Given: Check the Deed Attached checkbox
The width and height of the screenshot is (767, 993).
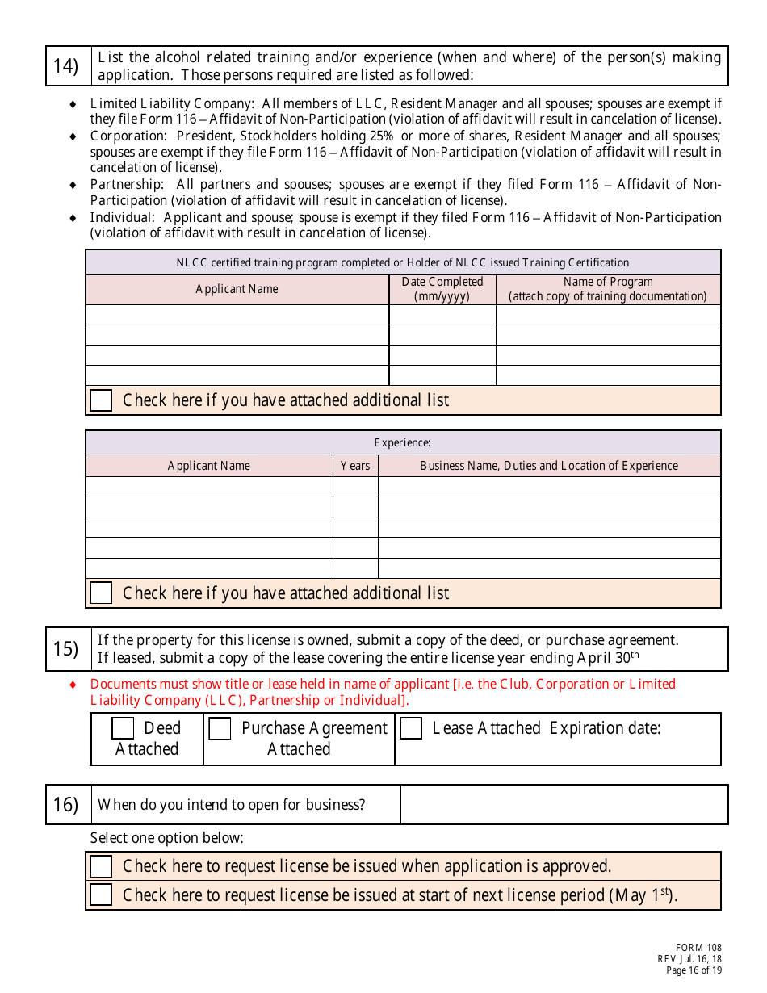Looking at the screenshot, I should pos(123,728).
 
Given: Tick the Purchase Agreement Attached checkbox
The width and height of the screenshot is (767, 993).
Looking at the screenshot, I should pos(220,728).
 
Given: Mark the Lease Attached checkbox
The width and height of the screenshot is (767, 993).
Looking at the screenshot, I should pos(411,728).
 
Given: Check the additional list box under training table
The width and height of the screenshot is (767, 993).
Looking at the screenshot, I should pos(101,400).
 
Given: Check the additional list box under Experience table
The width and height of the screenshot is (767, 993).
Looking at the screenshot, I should pos(101,593).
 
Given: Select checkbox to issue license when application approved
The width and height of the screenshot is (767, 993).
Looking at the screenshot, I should pos(101,866).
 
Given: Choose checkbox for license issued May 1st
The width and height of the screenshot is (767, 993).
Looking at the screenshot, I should pos(101,895).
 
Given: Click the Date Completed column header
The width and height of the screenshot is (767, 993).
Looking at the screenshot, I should pos(442,289).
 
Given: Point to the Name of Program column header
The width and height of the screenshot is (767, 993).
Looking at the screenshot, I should pos(608,289).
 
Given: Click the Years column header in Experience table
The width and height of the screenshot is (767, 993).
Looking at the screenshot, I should pos(355,466).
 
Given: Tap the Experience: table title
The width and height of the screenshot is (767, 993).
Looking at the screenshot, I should pos(402,442).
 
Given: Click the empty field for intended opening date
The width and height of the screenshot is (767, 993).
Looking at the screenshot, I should pos(564,805).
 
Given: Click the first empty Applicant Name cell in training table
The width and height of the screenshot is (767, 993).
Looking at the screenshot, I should pos(237,315).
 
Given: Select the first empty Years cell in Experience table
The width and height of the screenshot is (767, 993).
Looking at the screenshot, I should pos(355,487).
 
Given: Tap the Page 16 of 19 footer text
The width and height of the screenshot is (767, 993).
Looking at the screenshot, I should pos(694,970).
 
